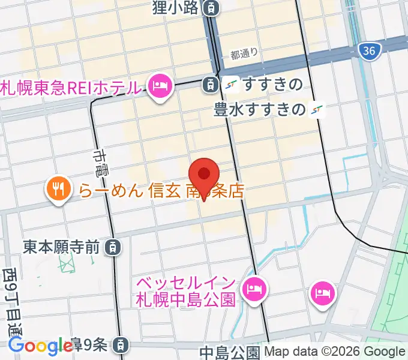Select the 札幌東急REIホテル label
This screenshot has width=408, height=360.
pyautogui.click(x=73, y=88)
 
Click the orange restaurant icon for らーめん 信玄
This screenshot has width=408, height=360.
pyautogui.click(x=58, y=190)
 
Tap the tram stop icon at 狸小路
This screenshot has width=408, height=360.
pyautogui.click(x=211, y=8)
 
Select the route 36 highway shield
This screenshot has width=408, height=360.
pyautogui.click(x=370, y=51)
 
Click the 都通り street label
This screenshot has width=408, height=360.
pyautogui.click(x=244, y=53)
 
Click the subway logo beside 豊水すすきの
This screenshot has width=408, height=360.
pyautogui.click(x=317, y=110)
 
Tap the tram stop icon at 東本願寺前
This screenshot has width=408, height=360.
pyautogui.click(x=112, y=246)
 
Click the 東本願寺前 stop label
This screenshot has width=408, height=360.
pyautogui.click(x=61, y=246)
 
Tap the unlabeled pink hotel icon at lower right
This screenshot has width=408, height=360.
pyautogui.click(x=323, y=292)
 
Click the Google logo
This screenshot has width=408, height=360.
pyautogui.click(x=40, y=346)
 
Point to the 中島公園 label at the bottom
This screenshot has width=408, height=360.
pyautogui.click(x=230, y=352)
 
